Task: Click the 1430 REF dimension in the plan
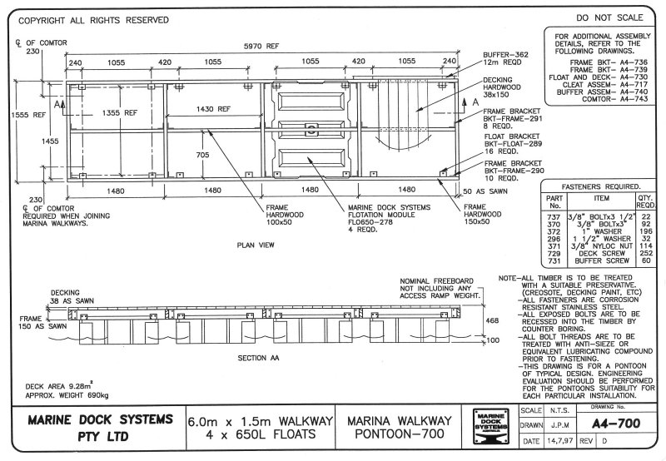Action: [x=213, y=108]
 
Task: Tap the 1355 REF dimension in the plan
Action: [x=112, y=112]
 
